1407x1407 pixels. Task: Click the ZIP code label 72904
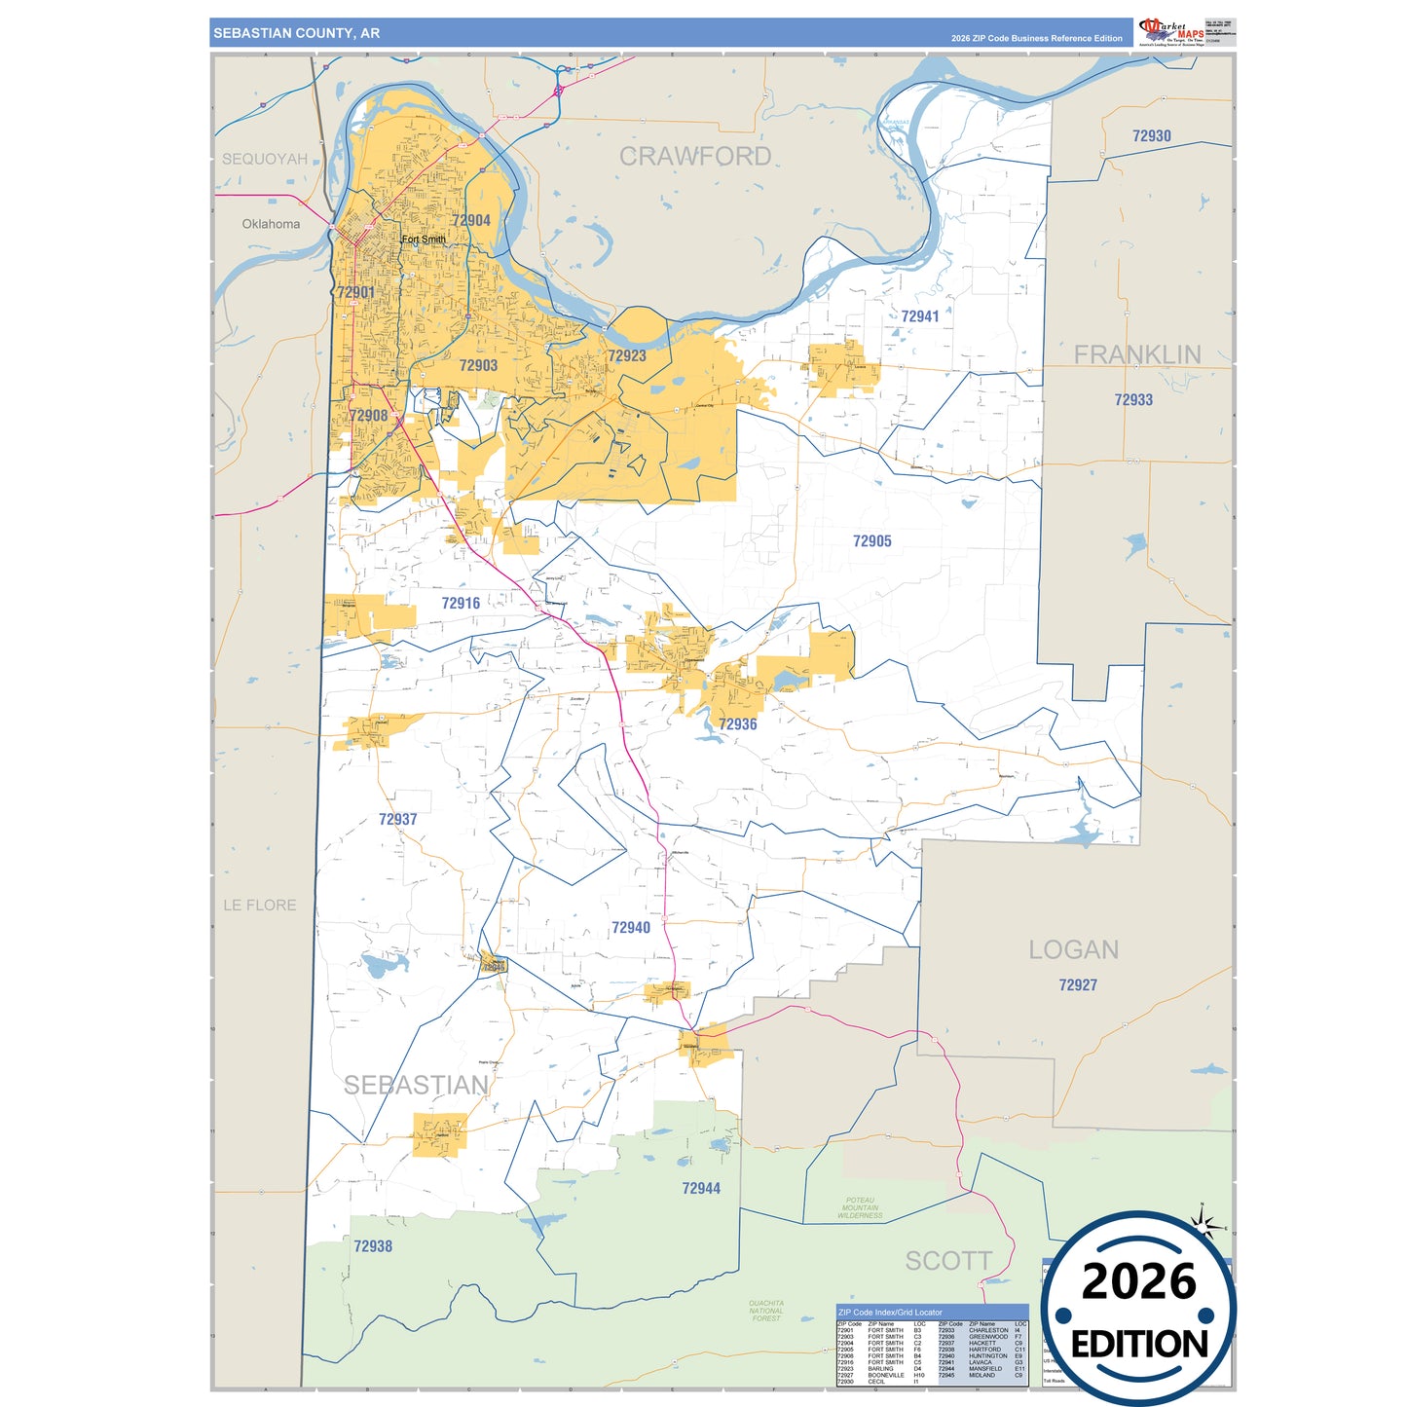[471, 221]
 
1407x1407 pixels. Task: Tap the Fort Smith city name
[424, 240]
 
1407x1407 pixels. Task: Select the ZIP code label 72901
[355, 292]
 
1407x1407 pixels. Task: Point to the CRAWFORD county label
[695, 157]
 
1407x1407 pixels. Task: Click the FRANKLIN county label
[1136, 354]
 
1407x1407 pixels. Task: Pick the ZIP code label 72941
[919, 316]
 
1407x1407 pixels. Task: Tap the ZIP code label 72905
[871, 541]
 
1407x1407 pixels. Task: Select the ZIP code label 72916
[461, 604]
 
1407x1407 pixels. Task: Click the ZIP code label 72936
[737, 724]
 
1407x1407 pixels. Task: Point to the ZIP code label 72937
[397, 820]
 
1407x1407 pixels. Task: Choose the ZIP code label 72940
[630, 928]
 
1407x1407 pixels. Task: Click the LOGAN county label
[1073, 949]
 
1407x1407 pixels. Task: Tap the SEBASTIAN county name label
[416, 1085]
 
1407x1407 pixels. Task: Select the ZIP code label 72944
[701, 1188]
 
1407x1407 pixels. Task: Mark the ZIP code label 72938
[373, 1246]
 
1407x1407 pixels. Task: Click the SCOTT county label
[948, 1261]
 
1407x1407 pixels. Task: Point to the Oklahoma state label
[271, 224]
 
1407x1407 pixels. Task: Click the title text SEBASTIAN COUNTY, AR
[296, 33]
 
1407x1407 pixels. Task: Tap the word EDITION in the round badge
[1138, 1345]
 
